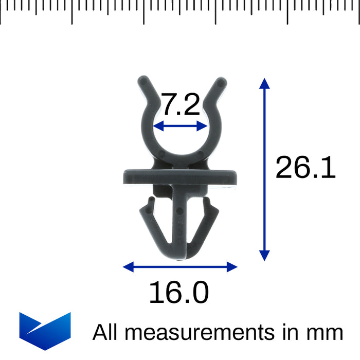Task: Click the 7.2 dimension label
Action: point(181,104)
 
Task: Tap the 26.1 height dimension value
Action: point(305,167)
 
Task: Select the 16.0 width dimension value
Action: point(179,292)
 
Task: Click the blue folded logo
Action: point(45,331)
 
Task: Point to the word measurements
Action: point(200,333)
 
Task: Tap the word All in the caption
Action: point(105,332)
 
